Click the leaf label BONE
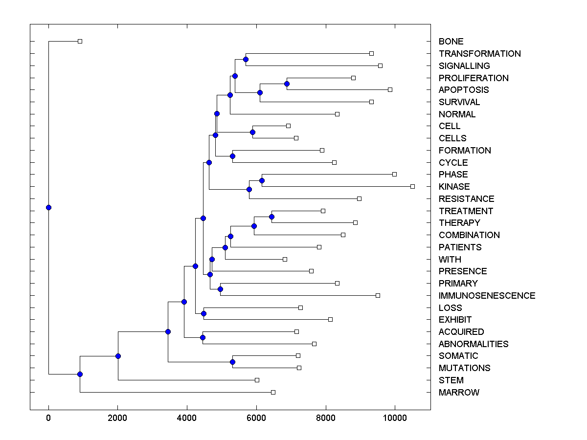click(451, 42)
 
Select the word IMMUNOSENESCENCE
click(487, 296)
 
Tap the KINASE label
click(454, 187)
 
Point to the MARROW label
click(459, 393)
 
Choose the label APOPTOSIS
click(463, 90)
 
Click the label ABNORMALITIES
click(473, 344)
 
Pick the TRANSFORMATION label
click(479, 54)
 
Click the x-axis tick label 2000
click(117, 417)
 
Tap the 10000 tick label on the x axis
click(395, 417)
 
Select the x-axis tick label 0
click(48, 417)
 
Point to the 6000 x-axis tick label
click(256, 417)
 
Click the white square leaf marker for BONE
click(80, 42)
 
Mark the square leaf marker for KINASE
click(412, 186)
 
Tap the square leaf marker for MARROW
click(273, 392)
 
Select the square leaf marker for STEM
click(257, 380)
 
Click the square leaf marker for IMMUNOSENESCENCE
click(378, 295)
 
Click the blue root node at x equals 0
click(48, 207)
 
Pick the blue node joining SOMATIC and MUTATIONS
click(232, 362)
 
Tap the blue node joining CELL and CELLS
click(252, 132)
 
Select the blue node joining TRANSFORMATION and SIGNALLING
click(246, 60)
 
